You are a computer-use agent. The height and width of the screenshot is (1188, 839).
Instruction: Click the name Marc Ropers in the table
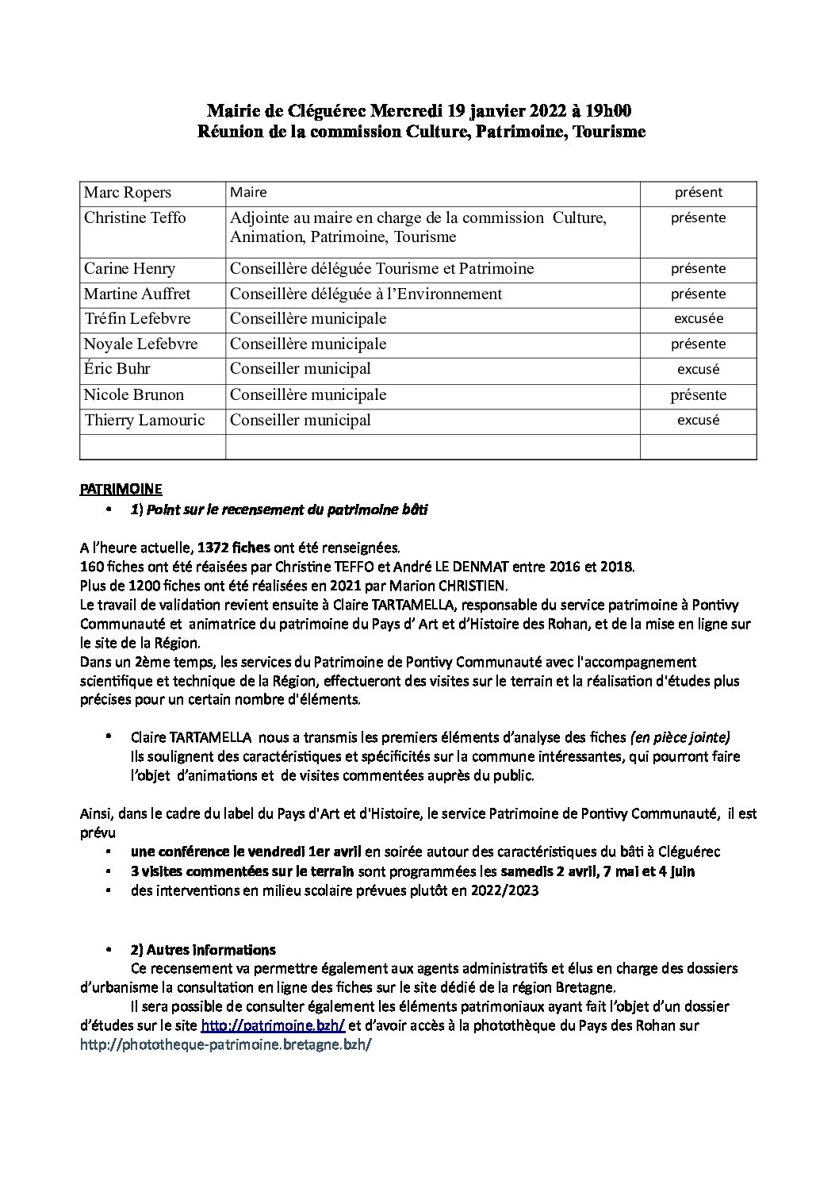pos(128,193)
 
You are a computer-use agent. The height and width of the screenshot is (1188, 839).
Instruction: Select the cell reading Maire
pos(248,192)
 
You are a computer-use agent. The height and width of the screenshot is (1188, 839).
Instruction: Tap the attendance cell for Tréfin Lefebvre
pos(698,318)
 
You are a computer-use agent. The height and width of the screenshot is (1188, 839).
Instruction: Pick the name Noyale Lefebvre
pos(140,344)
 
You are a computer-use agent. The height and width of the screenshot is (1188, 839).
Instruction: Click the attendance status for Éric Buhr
pos(698,369)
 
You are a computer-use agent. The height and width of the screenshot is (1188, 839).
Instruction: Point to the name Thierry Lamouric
pos(144,420)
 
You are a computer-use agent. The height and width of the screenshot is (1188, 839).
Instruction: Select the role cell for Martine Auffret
pos(366,294)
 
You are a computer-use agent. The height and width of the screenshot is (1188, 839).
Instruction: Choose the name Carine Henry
pos(129,268)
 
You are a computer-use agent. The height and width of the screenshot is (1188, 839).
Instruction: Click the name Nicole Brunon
pos(133,394)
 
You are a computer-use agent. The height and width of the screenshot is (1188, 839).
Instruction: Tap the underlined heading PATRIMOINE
pos(121,490)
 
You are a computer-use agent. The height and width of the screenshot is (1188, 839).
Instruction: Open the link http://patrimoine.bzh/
pos(273,1025)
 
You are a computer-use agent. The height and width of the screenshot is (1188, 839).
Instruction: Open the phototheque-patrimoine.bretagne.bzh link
pos(225,1044)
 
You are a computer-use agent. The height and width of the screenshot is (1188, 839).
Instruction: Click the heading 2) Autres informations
pos(203,949)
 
